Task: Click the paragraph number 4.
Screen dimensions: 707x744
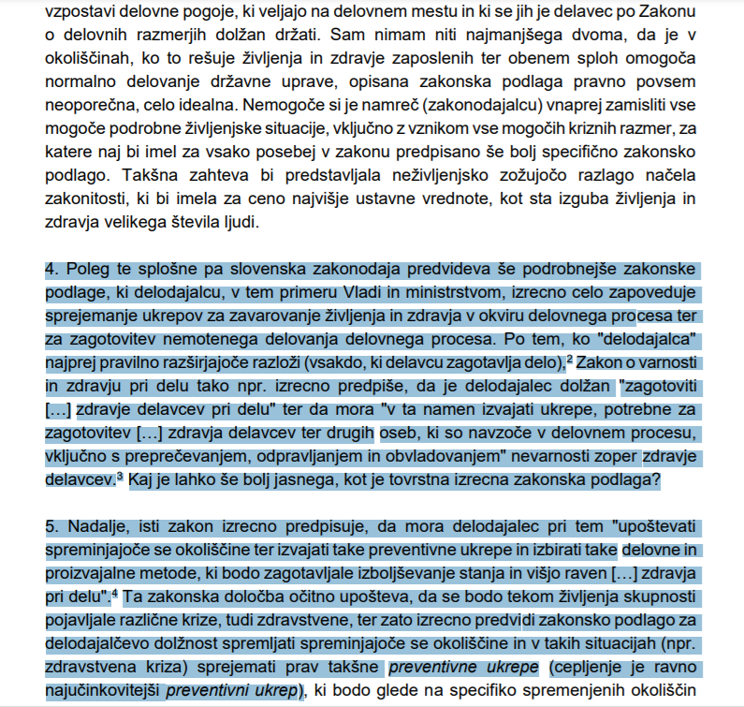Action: (51, 270)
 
